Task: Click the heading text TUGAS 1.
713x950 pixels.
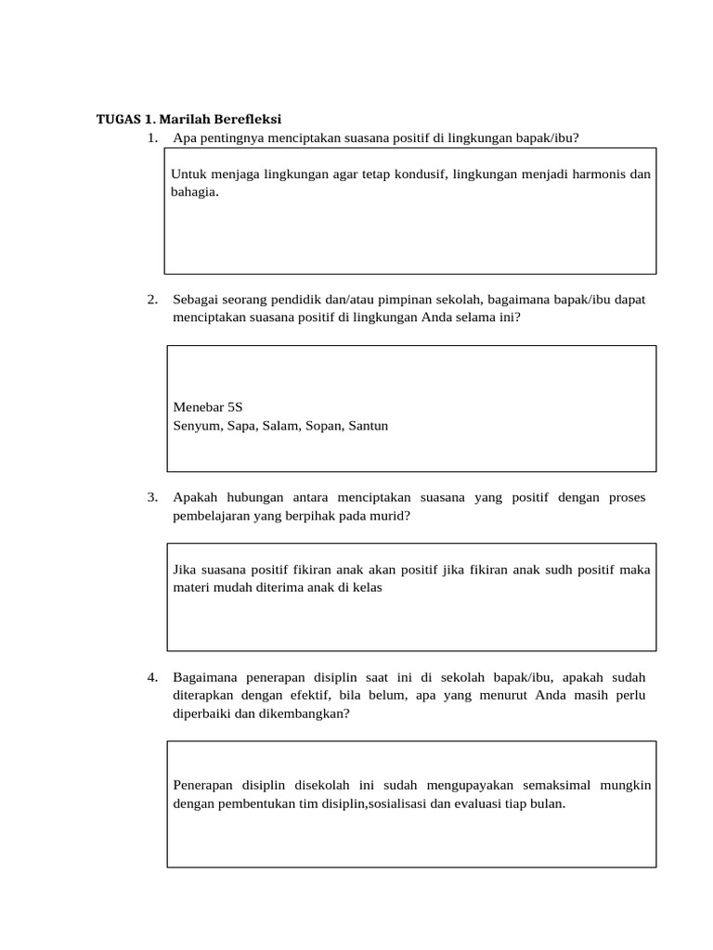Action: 126,120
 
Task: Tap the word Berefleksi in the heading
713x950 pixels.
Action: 248,120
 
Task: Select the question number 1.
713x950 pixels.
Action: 152,138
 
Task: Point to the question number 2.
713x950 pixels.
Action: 152,299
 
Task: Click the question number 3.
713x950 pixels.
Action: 152,497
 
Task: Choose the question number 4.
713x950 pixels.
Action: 152,677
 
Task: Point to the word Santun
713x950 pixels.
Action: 368,426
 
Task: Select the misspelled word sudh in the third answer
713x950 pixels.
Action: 558,570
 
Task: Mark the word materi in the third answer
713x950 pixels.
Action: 190,587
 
